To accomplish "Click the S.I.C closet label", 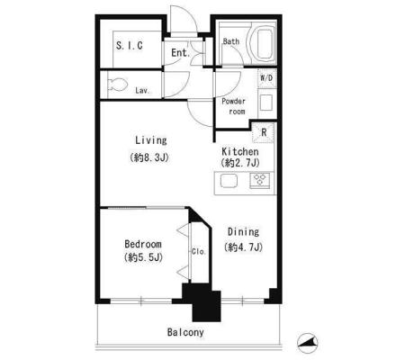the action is click(x=130, y=46).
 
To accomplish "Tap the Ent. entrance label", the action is click(x=181, y=53).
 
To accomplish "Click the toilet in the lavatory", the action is click(x=117, y=85).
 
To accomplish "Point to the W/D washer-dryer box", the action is click(x=266, y=78).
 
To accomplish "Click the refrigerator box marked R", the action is click(x=264, y=132).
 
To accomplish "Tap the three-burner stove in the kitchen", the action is click(x=259, y=181).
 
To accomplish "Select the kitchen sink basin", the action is click(x=229, y=181).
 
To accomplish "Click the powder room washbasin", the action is click(x=266, y=103).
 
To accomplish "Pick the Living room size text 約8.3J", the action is click(x=149, y=157).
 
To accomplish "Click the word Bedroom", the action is click(x=143, y=244).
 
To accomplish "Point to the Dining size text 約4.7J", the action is click(x=243, y=247).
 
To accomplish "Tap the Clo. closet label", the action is click(x=198, y=251).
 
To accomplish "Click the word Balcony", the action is click(x=185, y=332).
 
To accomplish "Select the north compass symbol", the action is click(x=308, y=342).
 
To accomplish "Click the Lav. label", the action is click(x=142, y=90).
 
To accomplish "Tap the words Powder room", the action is click(x=233, y=106).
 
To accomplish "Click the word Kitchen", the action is click(x=240, y=151).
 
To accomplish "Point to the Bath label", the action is click(x=231, y=41).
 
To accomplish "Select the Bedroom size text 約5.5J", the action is click(x=143, y=257).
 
